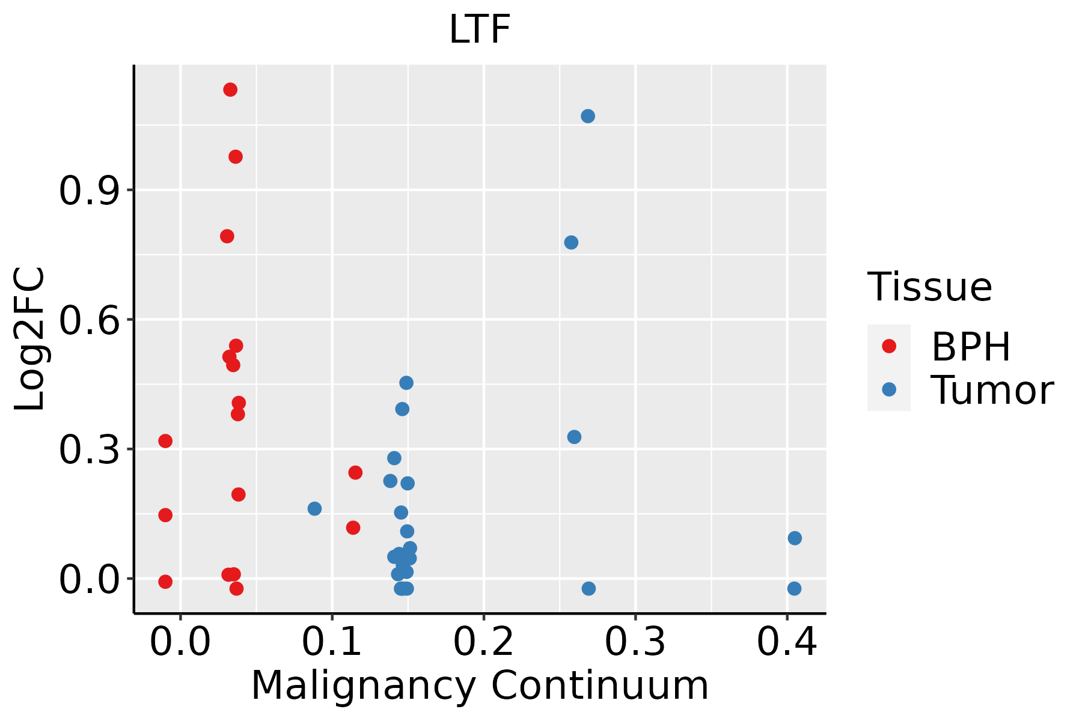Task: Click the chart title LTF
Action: click(x=480, y=29)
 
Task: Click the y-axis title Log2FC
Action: click(x=30, y=339)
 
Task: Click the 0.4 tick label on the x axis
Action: click(x=786, y=642)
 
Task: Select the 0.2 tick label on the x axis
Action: click(x=483, y=642)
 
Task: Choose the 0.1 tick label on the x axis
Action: click(x=332, y=642)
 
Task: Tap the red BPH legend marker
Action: click(x=888, y=346)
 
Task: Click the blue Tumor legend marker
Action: click(x=888, y=389)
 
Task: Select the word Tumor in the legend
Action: click(x=992, y=391)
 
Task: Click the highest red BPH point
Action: click(x=230, y=90)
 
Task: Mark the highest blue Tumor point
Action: click(x=588, y=116)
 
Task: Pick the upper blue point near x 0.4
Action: click(x=795, y=538)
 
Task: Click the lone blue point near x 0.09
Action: click(x=314, y=508)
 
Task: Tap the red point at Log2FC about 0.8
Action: click(x=227, y=236)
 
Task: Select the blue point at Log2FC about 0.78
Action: click(x=571, y=242)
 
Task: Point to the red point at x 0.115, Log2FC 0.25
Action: click(x=355, y=472)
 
